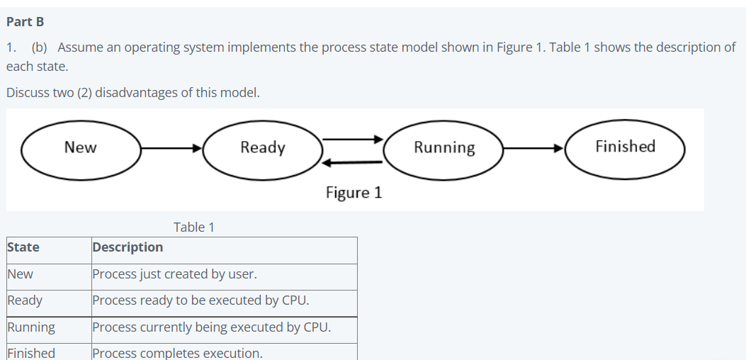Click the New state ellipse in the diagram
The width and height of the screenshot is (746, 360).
[81, 148]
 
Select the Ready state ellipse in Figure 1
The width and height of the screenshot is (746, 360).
[263, 148]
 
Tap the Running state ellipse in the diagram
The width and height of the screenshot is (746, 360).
[444, 148]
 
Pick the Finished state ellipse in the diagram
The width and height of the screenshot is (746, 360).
[625, 147]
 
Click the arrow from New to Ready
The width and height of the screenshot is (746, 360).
[171, 148]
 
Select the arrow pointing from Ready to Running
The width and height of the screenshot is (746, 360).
[354, 139]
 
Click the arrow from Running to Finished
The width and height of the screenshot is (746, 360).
[533, 148]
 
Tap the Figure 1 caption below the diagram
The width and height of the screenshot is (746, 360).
[354, 193]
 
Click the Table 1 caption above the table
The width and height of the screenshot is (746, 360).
[193, 227]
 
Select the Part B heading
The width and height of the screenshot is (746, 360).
[26, 21]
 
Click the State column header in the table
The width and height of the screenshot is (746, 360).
[23, 247]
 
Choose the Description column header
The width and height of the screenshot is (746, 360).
[128, 247]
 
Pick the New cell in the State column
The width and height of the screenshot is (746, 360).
[21, 274]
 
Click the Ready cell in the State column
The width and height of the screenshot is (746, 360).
[25, 300]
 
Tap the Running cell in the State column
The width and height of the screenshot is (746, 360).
[31, 327]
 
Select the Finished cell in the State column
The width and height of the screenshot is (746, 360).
[31, 352]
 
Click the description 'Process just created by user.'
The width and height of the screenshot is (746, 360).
[174, 274]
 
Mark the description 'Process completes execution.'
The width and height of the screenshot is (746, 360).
[177, 353]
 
